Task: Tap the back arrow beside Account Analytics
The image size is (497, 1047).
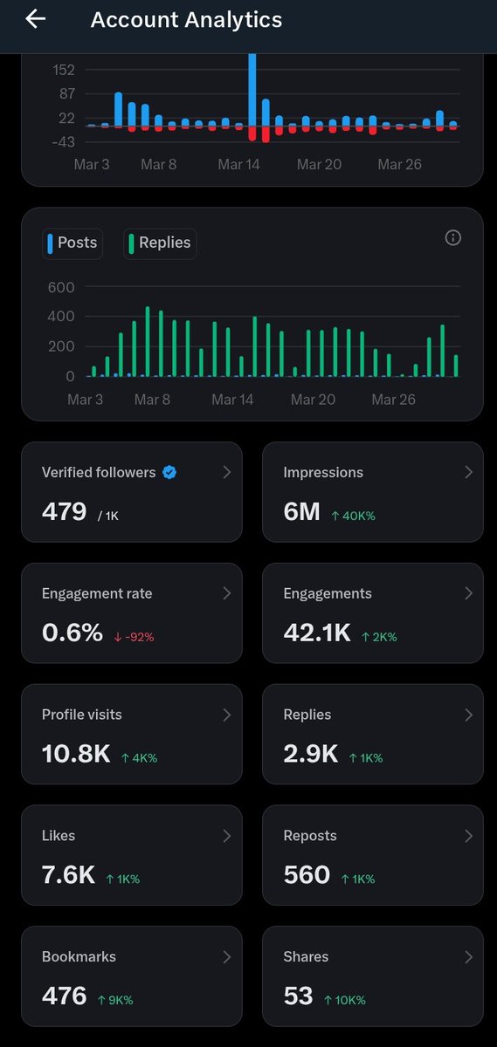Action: click(x=35, y=19)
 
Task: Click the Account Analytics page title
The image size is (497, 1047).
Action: click(x=186, y=20)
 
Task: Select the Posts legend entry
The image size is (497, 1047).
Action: click(x=72, y=243)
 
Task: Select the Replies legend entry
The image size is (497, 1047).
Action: click(x=160, y=243)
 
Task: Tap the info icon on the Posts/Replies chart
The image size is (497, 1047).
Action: click(x=452, y=237)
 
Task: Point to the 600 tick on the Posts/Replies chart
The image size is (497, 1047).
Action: click(x=60, y=287)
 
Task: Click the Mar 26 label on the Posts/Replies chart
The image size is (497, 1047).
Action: click(x=393, y=400)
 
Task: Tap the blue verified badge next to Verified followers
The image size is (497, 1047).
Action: click(x=170, y=472)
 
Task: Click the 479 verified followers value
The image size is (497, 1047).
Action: click(x=64, y=512)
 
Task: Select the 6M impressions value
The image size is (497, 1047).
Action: click(x=301, y=512)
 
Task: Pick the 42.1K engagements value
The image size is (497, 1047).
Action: click(x=316, y=633)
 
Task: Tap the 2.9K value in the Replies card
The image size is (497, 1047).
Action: click(x=310, y=754)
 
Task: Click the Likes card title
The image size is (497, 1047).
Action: click(x=59, y=836)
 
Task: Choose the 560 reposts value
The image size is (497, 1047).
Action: click(x=307, y=875)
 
